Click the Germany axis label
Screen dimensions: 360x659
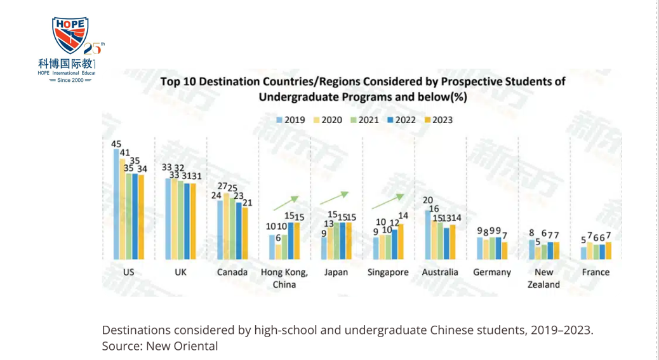pos(492,272)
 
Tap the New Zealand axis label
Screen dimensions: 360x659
pos(543,278)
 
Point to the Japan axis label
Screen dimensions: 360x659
pos(336,272)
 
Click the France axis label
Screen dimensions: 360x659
pos(596,272)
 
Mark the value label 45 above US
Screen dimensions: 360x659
pos(116,144)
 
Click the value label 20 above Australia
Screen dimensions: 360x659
pos(428,201)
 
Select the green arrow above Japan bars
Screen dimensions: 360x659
pos(335,197)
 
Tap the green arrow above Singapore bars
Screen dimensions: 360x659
pos(388,201)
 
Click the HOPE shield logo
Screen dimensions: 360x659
pos(70,36)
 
